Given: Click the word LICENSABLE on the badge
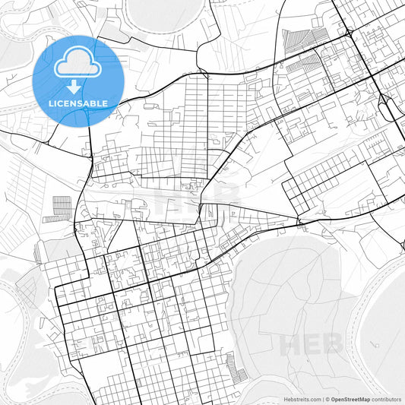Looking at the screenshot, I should pyautogui.click(x=78, y=103).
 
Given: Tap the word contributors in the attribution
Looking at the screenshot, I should pyautogui.click(x=386, y=398).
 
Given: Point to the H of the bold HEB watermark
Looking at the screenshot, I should pyautogui.click(x=290, y=345).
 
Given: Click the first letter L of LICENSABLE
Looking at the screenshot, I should pyautogui.click(x=49, y=103).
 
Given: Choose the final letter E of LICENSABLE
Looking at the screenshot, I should pyautogui.click(x=105, y=103).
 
